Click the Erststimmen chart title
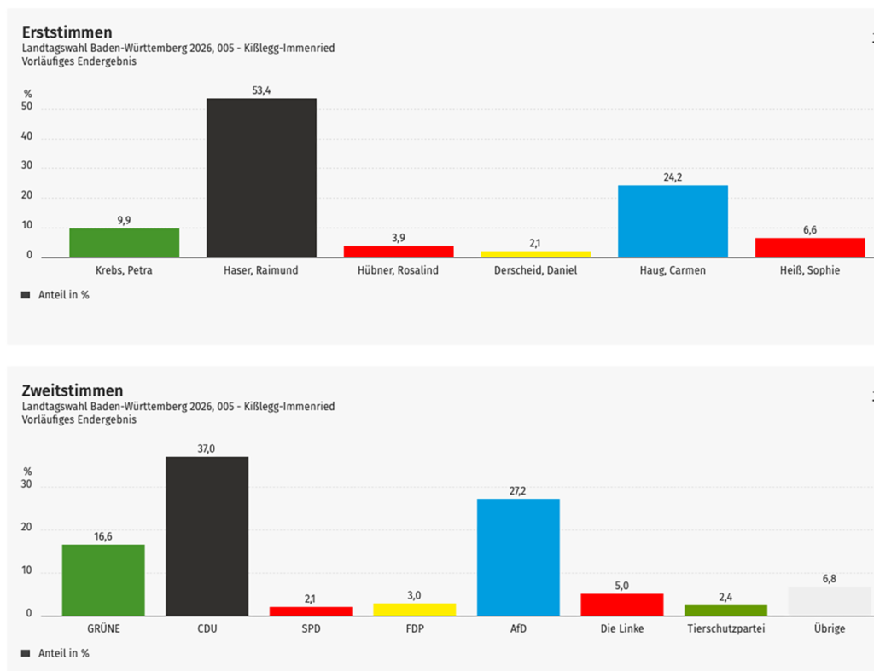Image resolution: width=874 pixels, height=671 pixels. click(x=67, y=32)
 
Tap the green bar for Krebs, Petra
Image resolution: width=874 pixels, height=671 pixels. click(x=124, y=242)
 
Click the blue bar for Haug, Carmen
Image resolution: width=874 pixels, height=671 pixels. click(x=673, y=221)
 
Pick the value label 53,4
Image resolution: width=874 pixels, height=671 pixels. click(x=261, y=90)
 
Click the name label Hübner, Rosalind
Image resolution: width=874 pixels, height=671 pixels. click(x=399, y=270)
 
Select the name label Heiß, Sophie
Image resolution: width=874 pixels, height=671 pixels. click(x=810, y=270)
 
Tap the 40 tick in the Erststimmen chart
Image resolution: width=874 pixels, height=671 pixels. click(x=27, y=137)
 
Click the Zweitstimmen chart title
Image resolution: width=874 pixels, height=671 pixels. click(x=72, y=390)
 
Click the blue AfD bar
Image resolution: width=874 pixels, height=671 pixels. click(x=518, y=557)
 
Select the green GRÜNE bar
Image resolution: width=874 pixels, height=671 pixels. click(x=103, y=580)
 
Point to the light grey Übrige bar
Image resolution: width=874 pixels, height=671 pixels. click(x=829, y=601)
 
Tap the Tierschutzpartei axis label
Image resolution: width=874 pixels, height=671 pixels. click(x=725, y=629)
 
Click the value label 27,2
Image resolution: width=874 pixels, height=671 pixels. click(x=518, y=491)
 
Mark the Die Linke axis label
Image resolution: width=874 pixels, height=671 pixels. click(x=621, y=629)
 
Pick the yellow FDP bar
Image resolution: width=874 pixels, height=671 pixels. click(x=414, y=609)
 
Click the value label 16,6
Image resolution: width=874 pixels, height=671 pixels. click(x=103, y=536)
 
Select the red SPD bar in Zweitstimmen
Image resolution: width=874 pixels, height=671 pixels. click(x=311, y=610)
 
